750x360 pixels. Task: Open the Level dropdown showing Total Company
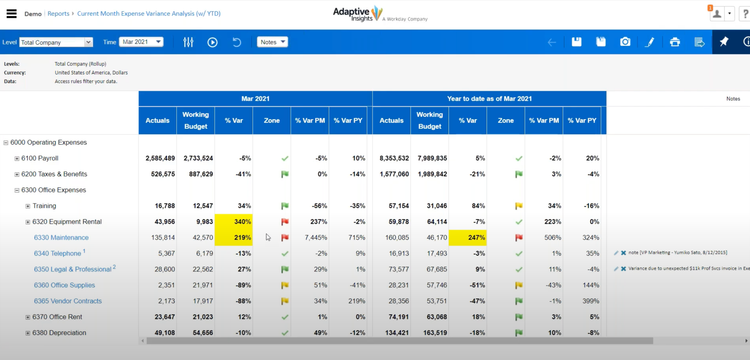point(55,42)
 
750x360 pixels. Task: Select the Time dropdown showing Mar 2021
point(140,42)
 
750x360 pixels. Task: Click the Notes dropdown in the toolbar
point(271,42)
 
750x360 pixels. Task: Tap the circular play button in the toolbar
point(213,42)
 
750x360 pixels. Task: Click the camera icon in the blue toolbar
point(625,42)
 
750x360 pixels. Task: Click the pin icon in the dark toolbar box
point(723,42)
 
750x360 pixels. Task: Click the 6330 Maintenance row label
point(61,237)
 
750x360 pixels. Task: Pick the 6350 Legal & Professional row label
point(72,269)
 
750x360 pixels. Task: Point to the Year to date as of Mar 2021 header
point(489,99)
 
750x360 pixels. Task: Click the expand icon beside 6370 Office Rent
point(28,317)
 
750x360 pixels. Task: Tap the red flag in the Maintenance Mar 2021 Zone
point(285,237)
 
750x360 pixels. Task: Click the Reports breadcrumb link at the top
point(58,14)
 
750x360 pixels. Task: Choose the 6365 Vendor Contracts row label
point(68,301)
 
